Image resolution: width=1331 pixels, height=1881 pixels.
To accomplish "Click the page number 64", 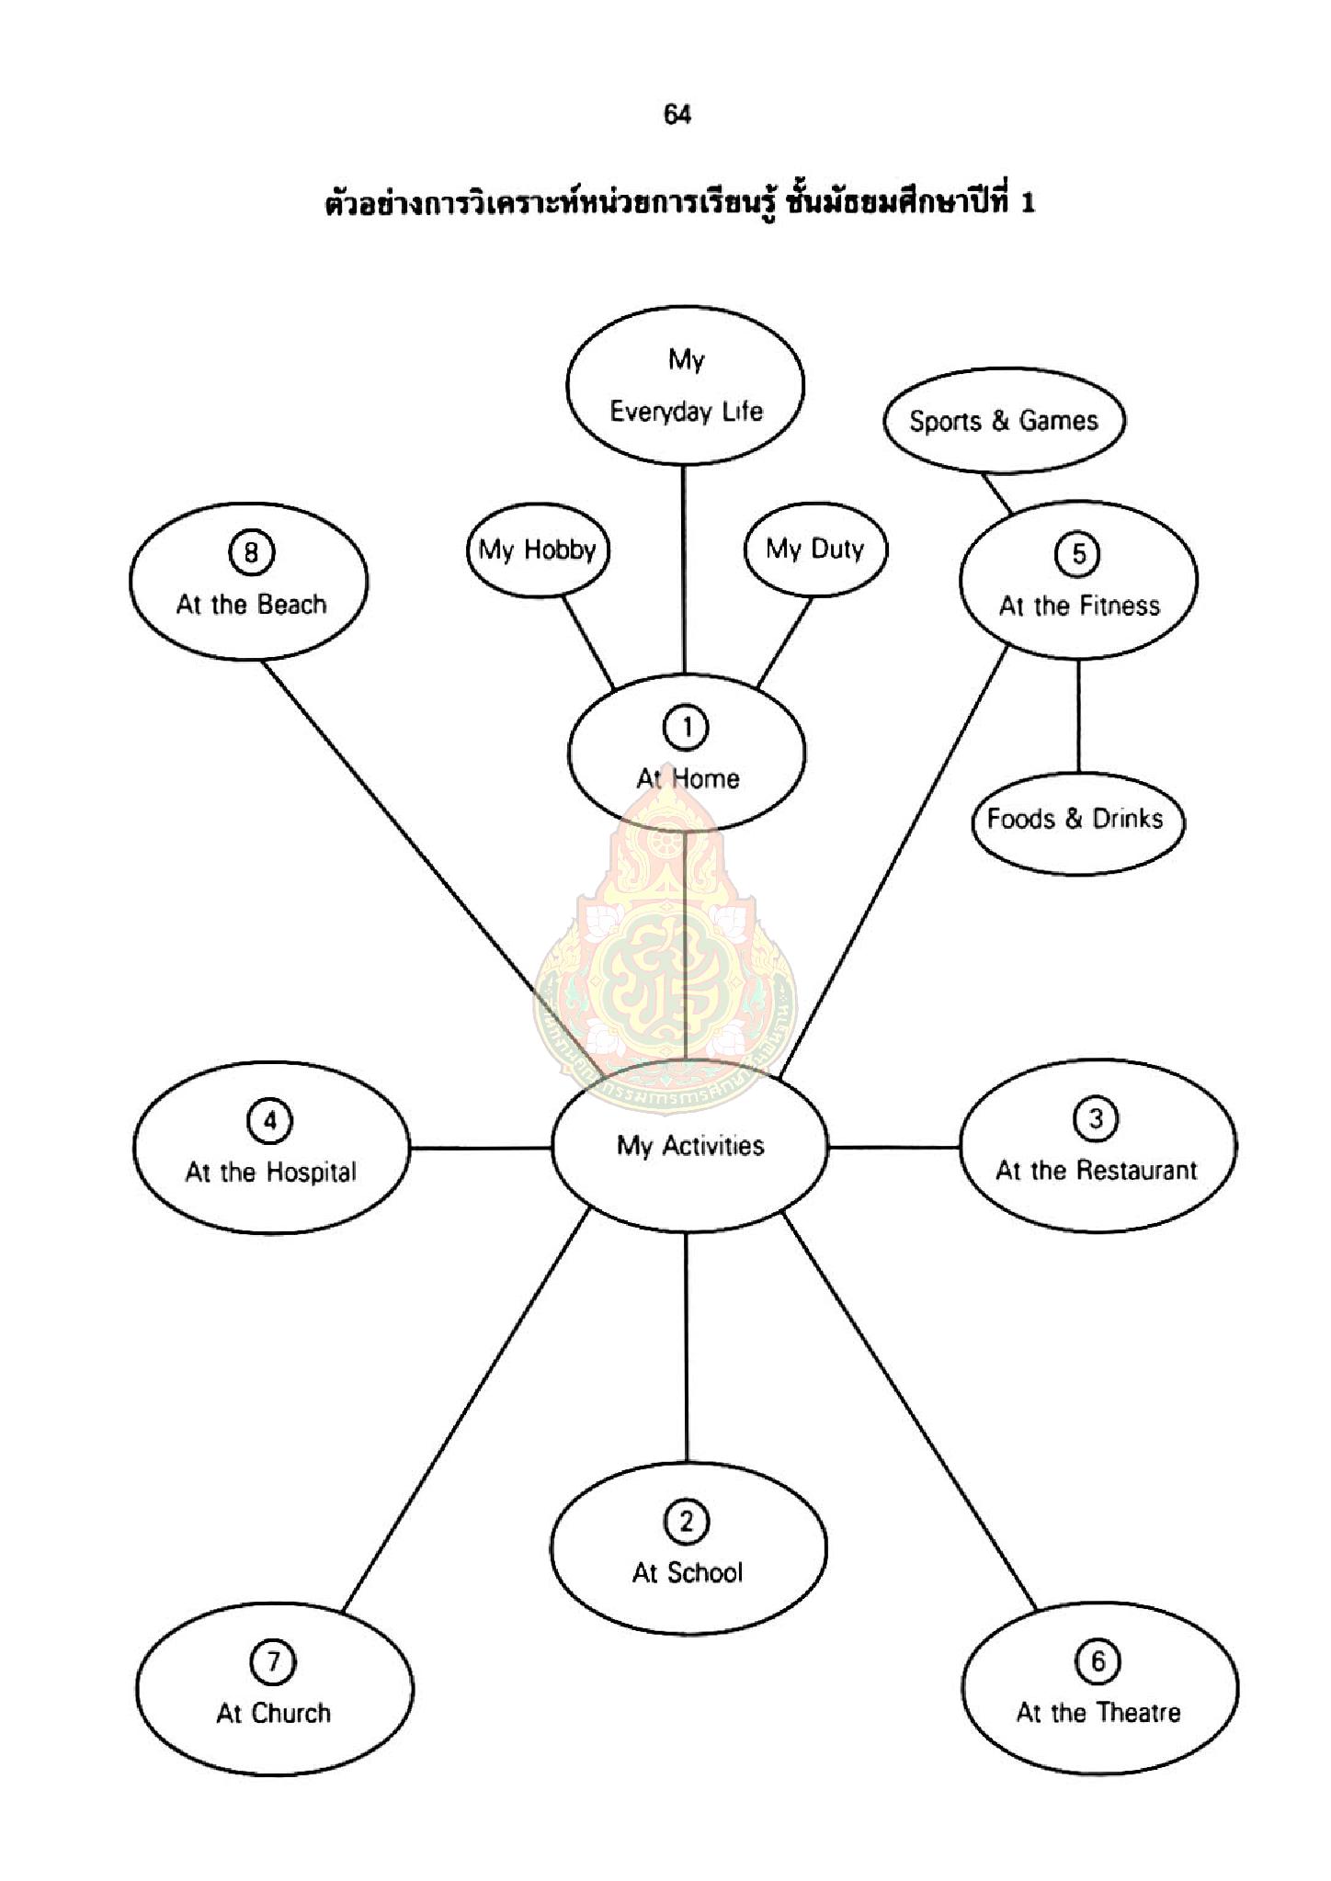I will (x=677, y=115).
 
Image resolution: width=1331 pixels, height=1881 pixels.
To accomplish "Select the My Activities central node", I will (x=689, y=1146).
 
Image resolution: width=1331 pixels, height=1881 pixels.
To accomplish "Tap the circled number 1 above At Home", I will (x=686, y=728).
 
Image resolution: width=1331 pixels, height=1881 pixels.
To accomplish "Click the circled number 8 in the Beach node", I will (x=250, y=553).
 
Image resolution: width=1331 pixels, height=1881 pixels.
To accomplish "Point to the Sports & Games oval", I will (x=1003, y=421).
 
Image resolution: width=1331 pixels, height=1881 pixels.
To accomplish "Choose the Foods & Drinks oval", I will (x=1075, y=819).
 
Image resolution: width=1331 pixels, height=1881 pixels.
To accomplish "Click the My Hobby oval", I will (x=538, y=550).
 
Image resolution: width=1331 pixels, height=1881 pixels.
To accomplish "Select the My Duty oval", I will (x=815, y=550).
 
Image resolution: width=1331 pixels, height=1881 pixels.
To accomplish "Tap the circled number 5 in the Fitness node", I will (x=1078, y=554).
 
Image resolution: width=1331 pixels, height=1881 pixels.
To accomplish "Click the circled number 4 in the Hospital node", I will (x=270, y=1121).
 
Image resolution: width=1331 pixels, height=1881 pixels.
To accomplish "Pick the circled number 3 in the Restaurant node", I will (x=1096, y=1119).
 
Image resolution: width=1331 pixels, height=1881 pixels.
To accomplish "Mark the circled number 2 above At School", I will (x=686, y=1522).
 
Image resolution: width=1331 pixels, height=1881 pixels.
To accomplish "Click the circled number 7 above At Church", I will (x=272, y=1661).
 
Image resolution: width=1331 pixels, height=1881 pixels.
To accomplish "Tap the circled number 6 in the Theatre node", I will (x=1098, y=1661).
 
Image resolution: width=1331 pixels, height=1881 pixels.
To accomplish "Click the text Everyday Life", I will (x=686, y=412).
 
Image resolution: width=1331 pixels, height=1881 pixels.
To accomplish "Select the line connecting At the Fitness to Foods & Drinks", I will (x=1078, y=717).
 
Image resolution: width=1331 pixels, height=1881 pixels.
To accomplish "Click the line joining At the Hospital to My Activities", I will (x=480, y=1148).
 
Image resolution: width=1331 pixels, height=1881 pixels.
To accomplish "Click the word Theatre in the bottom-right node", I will (x=1139, y=1713).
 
